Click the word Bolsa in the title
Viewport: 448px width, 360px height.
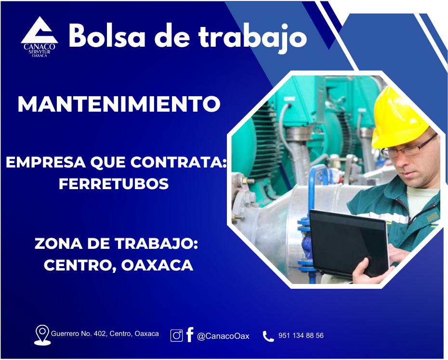click(x=107, y=36)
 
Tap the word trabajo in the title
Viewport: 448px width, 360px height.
click(x=252, y=38)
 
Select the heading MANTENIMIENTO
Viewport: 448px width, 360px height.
click(x=119, y=104)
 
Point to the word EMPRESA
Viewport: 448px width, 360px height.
click(x=46, y=162)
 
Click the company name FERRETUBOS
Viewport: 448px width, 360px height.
click(x=114, y=183)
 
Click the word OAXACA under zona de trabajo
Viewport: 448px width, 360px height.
click(x=157, y=265)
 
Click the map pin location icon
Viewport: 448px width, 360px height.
click(x=42, y=335)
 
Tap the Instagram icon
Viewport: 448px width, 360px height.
click(x=177, y=335)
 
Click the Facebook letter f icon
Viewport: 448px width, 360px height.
click(x=190, y=334)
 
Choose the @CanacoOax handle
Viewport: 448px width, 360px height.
click(x=223, y=336)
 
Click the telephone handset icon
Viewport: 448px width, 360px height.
click(x=268, y=336)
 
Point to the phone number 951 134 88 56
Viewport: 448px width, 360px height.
click(x=301, y=335)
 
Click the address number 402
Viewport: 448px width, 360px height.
click(x=100, y=334)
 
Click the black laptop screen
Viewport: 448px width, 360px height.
click(x=349, y=243)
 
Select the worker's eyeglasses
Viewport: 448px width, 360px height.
click(x=408, y=148)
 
